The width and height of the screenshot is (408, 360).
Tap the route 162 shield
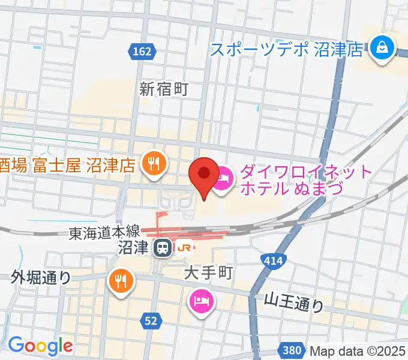(142, 52)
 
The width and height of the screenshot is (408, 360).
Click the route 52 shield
(151, 322)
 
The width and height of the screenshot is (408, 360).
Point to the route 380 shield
(290, 349)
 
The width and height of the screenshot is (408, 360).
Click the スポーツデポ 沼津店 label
(287, 49)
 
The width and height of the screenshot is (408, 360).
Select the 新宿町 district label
(164, 89)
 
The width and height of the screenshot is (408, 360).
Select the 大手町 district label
(208, 273)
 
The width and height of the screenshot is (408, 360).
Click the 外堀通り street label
(41, 277)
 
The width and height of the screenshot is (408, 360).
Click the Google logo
(40, 345)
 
